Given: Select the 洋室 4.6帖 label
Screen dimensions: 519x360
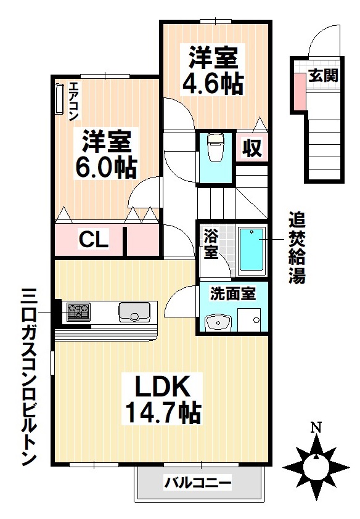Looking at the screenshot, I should click(213, 70).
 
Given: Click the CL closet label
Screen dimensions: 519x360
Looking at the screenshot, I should click(93, 240).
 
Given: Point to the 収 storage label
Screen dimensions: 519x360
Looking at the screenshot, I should click(252, 149).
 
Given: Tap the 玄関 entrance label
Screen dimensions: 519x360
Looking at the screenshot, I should click(322, 76).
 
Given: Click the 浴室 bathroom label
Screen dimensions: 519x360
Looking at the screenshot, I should click(211, 243).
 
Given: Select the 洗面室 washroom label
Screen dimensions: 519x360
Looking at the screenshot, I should click(232, 294).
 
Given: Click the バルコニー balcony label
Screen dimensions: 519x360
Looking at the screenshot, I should click(197, 482).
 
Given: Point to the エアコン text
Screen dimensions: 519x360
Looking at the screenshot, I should click(73, 100).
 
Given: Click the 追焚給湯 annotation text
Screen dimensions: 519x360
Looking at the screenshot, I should click(297, 248).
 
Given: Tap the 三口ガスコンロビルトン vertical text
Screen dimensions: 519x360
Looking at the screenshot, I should click(28, 377).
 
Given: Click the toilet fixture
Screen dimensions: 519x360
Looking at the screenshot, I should click(215, 148).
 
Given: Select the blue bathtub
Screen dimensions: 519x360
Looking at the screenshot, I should click(251, 251).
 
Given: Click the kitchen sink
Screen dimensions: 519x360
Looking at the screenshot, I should click(134, 312).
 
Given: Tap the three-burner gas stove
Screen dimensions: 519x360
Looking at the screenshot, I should click(78, 312).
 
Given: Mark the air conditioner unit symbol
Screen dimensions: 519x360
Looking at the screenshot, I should click(60, 99).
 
